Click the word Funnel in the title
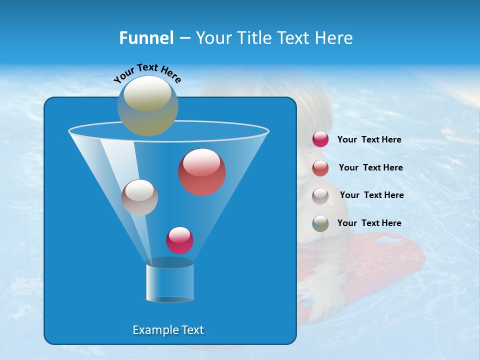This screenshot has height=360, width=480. tap(146, 38)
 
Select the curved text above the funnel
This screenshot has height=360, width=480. tap(147, 73)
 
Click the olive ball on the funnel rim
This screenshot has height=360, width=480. tap(147, 106)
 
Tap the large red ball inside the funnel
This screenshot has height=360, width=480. tap(201, 172)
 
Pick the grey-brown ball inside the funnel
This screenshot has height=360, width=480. tap(139, 197)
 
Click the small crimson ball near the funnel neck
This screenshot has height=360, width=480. tap(179, 240)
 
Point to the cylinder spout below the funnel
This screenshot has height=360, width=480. tap(169, 281)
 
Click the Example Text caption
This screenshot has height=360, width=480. tap(168, 330)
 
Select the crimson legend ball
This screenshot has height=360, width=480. tap(320, 139)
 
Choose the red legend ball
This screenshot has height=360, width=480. tap(320, 168)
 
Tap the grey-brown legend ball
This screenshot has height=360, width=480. tap(320, 195)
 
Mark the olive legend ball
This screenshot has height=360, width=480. tap(320, 223)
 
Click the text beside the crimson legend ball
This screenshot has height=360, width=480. tap(369, 140)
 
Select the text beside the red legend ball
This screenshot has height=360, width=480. tap(371, 168)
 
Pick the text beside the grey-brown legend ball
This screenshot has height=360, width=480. tap(372, 195)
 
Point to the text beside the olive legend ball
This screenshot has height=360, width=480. tap(369, 223)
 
